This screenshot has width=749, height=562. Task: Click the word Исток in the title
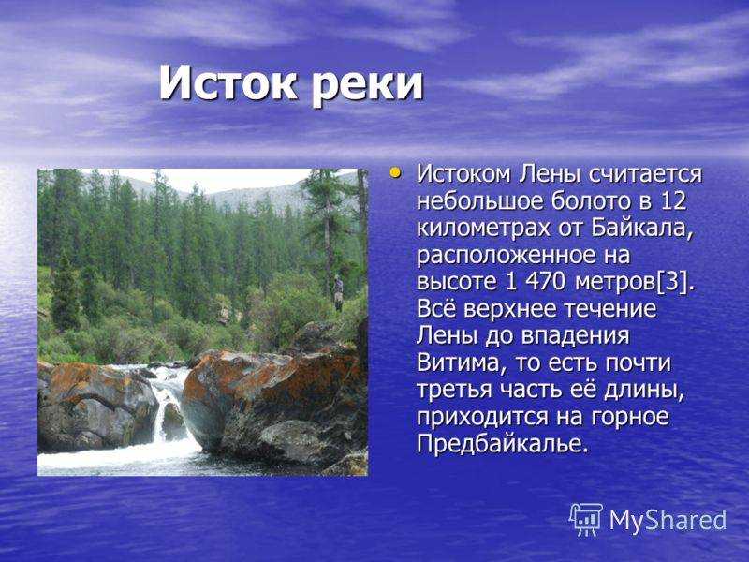[228, 82]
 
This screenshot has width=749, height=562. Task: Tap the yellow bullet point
[394, 172]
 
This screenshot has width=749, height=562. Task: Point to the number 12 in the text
[673, 200]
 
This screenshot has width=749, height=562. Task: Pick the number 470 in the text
[545, 282]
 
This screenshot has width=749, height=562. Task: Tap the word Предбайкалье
[501, 444]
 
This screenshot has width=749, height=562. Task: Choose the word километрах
[483, 229]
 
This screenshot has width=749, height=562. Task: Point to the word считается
[646, 174]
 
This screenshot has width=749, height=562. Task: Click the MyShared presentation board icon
[586, 520]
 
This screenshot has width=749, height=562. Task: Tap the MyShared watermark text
[668, 520]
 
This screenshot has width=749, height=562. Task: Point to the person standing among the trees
[338, 292]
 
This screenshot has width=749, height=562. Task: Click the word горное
[630, 417]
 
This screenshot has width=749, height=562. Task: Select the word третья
[454, 390]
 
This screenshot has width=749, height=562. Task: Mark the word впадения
[575, 336]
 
